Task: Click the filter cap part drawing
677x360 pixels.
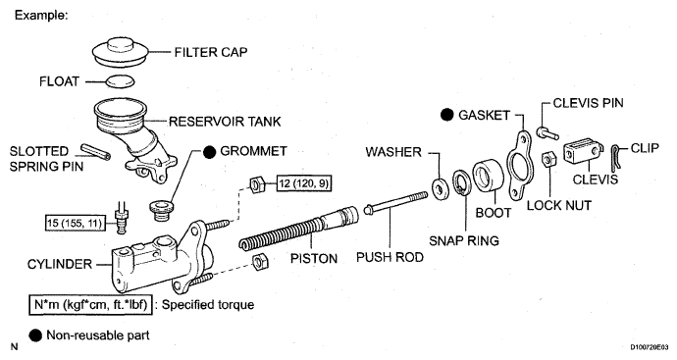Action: [121, 53]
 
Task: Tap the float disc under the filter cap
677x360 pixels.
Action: [120, 81]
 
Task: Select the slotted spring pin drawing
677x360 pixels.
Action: [95, 151]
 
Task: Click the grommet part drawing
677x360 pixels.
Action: [161, 209]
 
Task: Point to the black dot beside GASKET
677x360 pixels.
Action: [447, 115]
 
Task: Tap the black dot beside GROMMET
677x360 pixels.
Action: [209, 151]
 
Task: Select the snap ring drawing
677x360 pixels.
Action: [462, 182]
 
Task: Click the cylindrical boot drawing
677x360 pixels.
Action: [489, 177]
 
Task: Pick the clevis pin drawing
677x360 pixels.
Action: [547, 133]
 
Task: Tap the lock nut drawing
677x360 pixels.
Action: [547, 160]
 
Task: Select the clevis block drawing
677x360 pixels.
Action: [583, 151]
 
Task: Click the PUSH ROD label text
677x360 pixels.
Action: [390, 257]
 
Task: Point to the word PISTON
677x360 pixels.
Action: [314, 259]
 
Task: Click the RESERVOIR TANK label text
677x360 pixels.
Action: [225, 122]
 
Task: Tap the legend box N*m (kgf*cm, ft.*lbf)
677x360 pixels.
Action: [90, 305]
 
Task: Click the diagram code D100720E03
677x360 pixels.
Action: [650, 347]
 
